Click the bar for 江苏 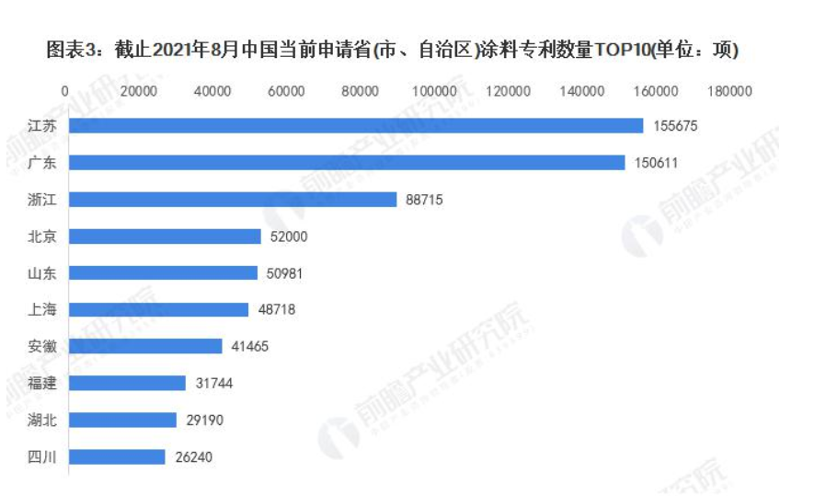(356, 125)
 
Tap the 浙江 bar (233, 199)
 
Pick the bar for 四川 (117, 456)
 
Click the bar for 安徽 (145, 346)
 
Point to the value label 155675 (675, 125)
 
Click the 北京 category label (42, 236)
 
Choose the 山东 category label (42, 273)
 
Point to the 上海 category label (42, 310)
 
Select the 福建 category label (42, 383)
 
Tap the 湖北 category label (42, 420)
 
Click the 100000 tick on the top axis (434, 91)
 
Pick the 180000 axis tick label (730, 91)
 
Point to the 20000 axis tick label (140, 91)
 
